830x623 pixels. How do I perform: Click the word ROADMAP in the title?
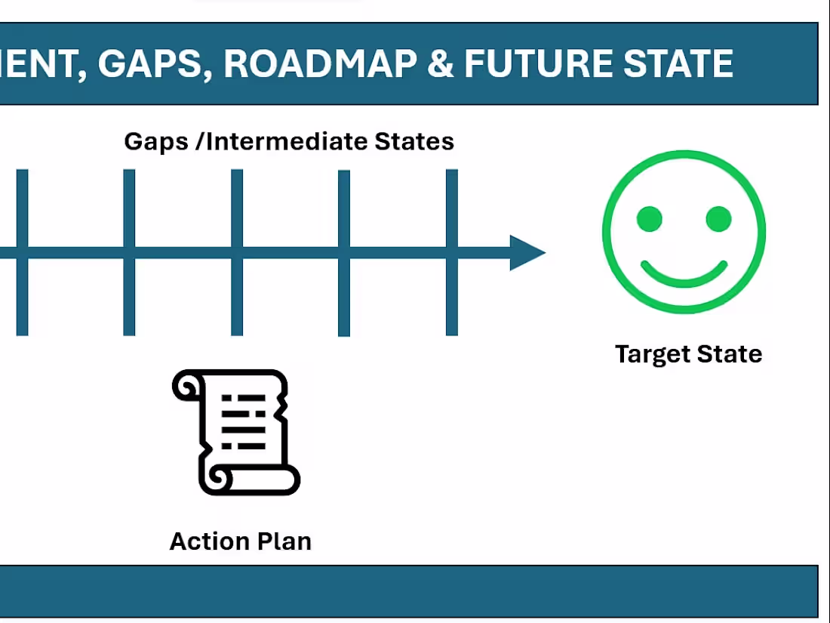[x=319, y=64]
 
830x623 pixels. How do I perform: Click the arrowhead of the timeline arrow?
[x=527, y=252]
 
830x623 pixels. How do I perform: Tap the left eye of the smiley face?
[x=650, y=219]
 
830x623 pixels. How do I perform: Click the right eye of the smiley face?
[x=718, y=219]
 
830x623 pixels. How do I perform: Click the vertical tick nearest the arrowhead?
[x=452, y=252]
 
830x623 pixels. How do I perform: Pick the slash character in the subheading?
[x=198, y=142]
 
